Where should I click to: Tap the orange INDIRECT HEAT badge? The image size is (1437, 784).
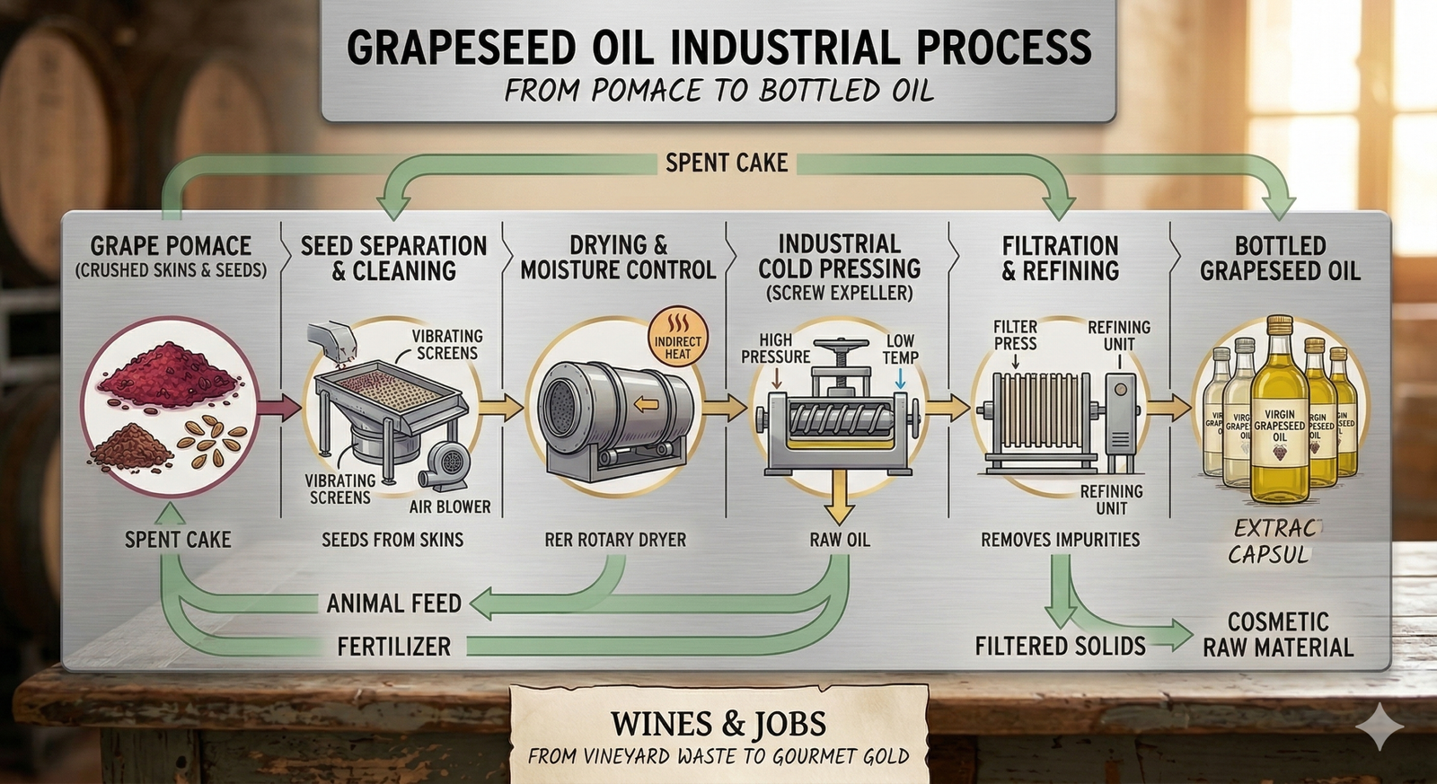pos(677,340)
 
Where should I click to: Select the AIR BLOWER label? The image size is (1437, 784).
pos(450,507)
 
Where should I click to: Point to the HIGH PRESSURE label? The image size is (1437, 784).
pos(775,348)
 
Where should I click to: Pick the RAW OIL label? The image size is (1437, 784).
pos(839,540)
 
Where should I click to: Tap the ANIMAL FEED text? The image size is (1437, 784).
pos(393,603)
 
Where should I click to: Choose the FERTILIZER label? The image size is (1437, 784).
pos(393,646)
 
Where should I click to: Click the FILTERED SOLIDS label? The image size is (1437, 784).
pos(1060,646)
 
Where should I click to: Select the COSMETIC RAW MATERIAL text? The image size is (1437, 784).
pos(1277,634)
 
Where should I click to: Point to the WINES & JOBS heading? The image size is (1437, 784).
pos(718,724)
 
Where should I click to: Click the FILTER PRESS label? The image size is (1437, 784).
pos(1015,335)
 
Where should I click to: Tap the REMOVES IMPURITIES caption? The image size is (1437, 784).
pos(1060,540)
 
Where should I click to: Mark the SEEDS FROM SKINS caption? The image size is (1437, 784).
pos(392,540)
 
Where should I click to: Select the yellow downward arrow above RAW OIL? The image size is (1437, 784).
pos(839,498)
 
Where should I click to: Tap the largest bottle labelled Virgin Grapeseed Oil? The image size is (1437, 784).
pos(1279,422)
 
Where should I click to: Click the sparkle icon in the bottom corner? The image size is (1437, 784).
pos(1380,726)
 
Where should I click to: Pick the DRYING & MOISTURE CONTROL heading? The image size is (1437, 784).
pos(618,258)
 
